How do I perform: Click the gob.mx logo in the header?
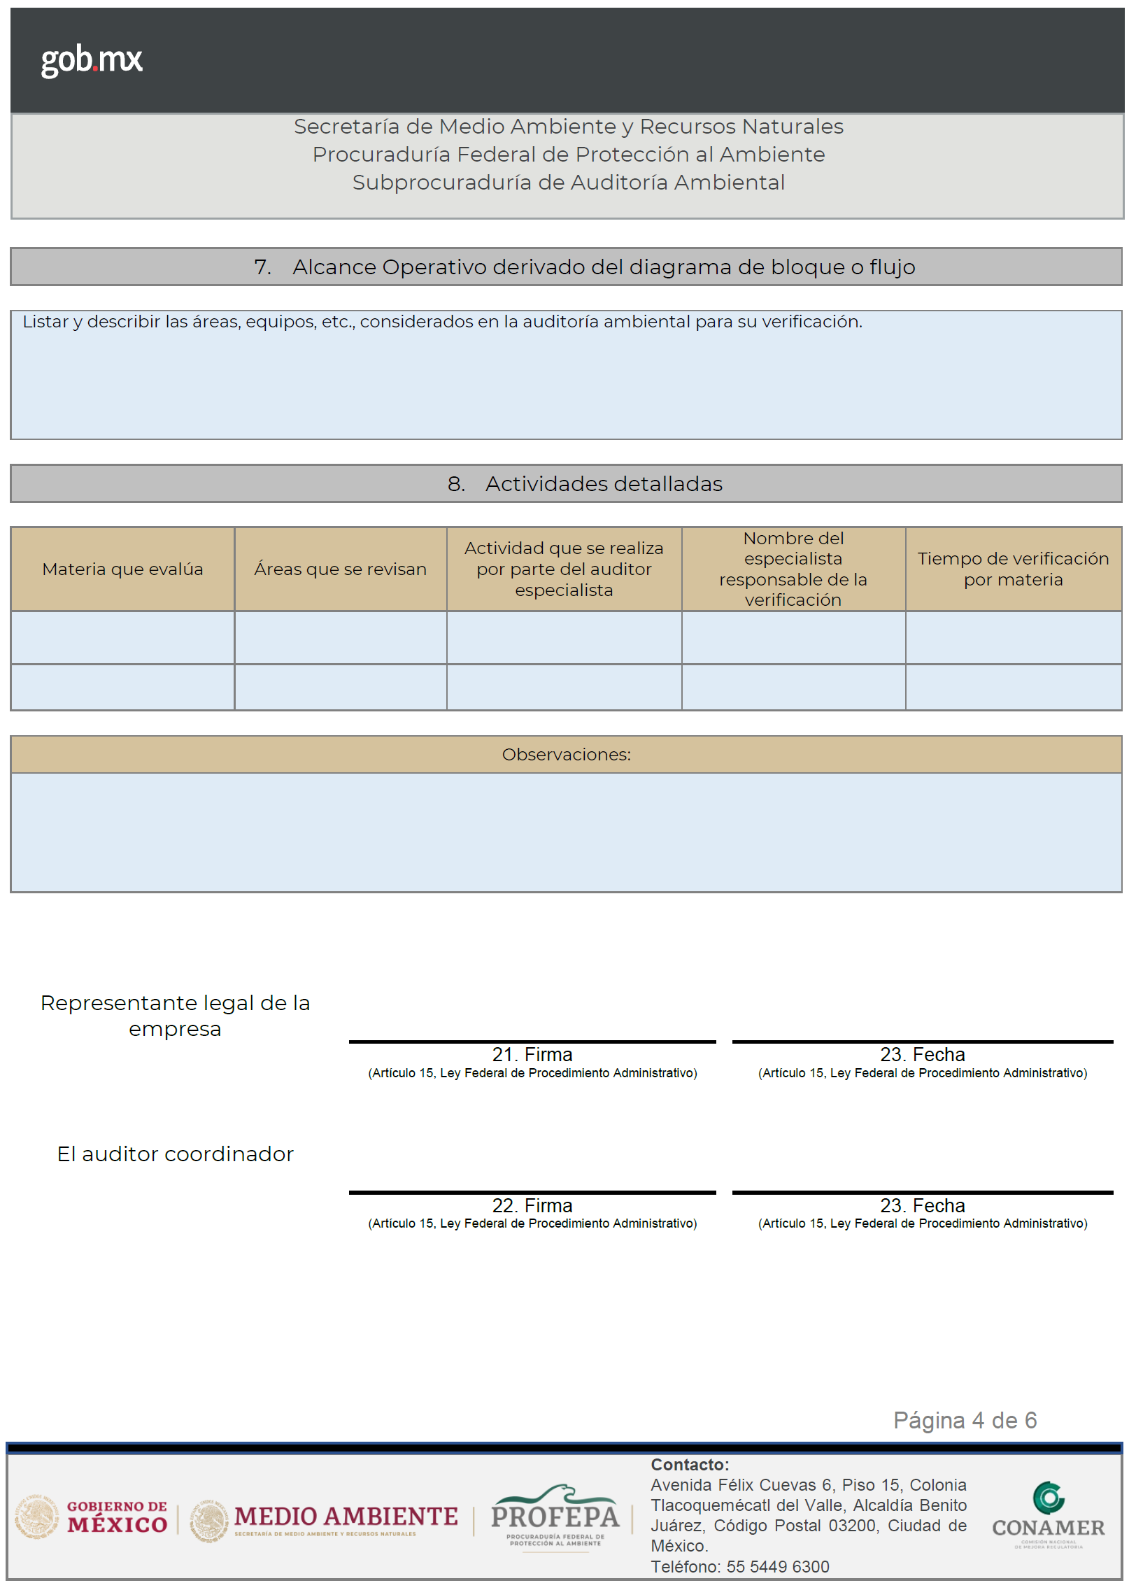click(x=92, y=60)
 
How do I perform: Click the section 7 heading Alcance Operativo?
click(x=584, y=267)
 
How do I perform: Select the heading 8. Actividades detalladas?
click(x=584, y=484)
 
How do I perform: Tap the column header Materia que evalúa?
click(x=122, y=569)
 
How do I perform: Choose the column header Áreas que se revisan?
click(x=340, y=569)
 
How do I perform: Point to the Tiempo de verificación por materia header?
click(x=1013, y=569)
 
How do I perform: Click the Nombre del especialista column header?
click(x=793, y=569)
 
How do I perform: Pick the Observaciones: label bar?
click(x=566, y=755)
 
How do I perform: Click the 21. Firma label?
click(x=532, y=1055)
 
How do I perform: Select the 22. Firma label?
click(x=532, y=1206)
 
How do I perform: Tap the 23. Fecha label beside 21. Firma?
click(x=922, y=1055)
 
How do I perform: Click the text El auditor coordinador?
click(x=175, y=1154)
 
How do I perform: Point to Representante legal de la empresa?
click(x=175, y=1016)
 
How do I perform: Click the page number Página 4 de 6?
click(x=965, y=1421)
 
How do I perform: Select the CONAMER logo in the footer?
click(x=1048, y=1515)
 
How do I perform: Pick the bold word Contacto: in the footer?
click(x=690, y=1465)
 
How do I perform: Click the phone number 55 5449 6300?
click(x=777, y=1567)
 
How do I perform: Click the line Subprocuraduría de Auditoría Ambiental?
click(x=568, y=183)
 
